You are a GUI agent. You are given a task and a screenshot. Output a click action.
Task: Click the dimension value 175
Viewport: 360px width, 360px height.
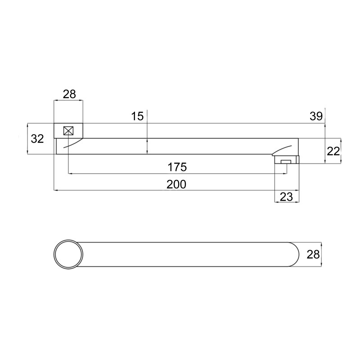(177, 167)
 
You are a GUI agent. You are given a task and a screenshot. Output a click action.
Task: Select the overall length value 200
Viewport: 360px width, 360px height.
(176, 184)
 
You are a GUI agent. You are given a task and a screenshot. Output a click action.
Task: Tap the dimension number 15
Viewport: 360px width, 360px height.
(137, 116)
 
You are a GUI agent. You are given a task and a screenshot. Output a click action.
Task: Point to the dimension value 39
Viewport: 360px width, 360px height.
(316, 116)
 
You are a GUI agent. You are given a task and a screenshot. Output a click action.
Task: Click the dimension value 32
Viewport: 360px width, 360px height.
(37, 139)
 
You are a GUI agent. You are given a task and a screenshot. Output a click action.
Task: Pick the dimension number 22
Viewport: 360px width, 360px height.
(333, 151)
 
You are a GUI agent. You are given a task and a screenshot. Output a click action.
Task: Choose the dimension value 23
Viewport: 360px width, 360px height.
(287, 197)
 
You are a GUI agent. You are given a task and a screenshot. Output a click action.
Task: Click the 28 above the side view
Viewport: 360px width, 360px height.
(69, 94)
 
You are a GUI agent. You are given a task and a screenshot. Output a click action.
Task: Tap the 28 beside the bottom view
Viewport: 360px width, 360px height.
(313, 254)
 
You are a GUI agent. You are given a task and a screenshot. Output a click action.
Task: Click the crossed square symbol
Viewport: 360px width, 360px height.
(68, 131)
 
